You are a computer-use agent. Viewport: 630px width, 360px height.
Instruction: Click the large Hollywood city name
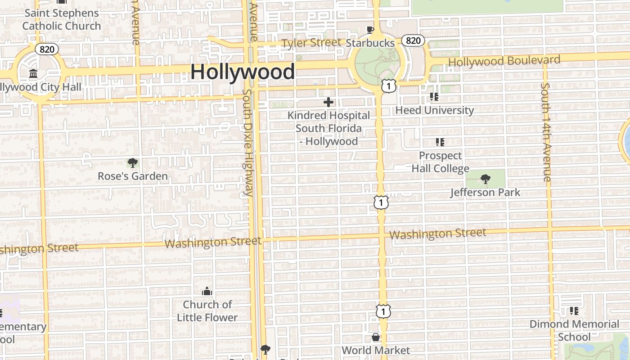243,72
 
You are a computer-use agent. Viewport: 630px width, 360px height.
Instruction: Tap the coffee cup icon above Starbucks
370,30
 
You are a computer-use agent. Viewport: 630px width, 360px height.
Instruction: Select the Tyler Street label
311,43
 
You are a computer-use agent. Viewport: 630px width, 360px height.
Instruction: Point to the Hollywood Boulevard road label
504,61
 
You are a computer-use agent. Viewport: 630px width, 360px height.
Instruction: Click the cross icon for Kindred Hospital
328,103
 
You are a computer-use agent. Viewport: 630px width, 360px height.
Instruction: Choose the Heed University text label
434,110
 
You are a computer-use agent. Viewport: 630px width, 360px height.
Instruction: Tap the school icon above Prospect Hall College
440,143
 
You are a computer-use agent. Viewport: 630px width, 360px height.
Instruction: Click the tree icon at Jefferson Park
485,179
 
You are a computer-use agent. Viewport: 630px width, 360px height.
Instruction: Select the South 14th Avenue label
546,132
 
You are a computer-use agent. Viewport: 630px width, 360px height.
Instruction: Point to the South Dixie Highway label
248,142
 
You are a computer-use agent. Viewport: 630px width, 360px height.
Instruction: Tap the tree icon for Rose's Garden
132,163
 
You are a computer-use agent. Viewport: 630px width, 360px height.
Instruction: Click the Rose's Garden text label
133,176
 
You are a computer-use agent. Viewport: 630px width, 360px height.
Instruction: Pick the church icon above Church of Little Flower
207,292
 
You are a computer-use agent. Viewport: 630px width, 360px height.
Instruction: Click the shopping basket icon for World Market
376,337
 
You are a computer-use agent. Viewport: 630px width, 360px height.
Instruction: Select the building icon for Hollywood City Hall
33,73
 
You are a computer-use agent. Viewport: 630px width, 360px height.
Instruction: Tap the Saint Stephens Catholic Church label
62,19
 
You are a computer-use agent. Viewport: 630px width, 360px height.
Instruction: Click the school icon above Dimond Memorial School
574,311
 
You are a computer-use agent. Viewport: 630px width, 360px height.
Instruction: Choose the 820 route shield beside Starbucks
413,40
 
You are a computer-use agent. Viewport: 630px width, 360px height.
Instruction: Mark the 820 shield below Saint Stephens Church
47,49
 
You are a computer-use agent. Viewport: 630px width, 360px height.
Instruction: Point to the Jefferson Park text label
485,193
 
